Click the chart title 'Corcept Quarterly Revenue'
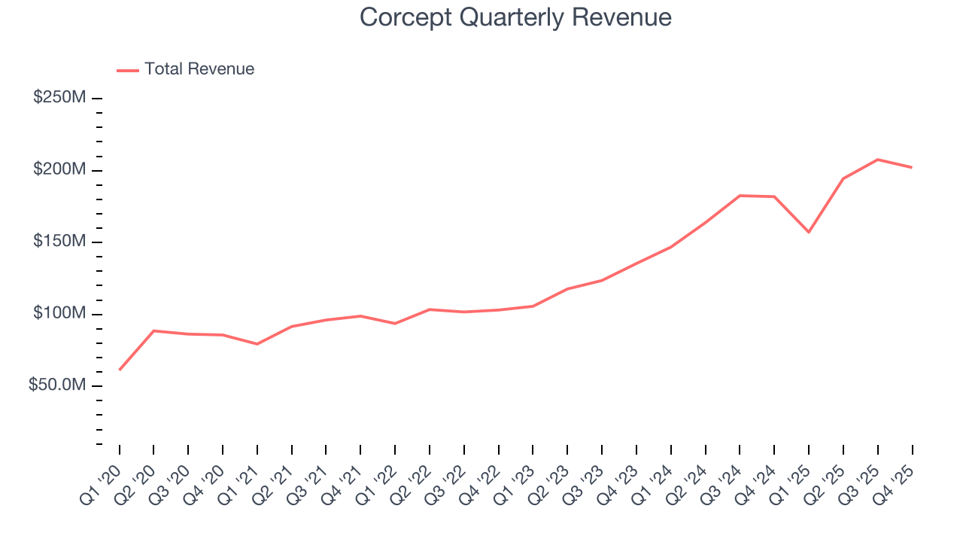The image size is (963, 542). (515, 17)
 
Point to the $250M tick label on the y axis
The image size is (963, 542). (59, 98)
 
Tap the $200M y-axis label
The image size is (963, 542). (59, 170)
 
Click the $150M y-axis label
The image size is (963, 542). (59, 242)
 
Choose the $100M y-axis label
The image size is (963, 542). (59, 313)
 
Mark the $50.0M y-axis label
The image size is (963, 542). (57, 385)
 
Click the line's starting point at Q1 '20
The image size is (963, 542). (120, 370)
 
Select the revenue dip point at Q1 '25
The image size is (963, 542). (809, 232)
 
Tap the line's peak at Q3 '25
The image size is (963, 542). (877, 160)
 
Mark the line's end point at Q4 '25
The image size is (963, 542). (912, 167)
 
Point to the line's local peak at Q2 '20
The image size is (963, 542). (153, 330)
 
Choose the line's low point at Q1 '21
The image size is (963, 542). (257, 344)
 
